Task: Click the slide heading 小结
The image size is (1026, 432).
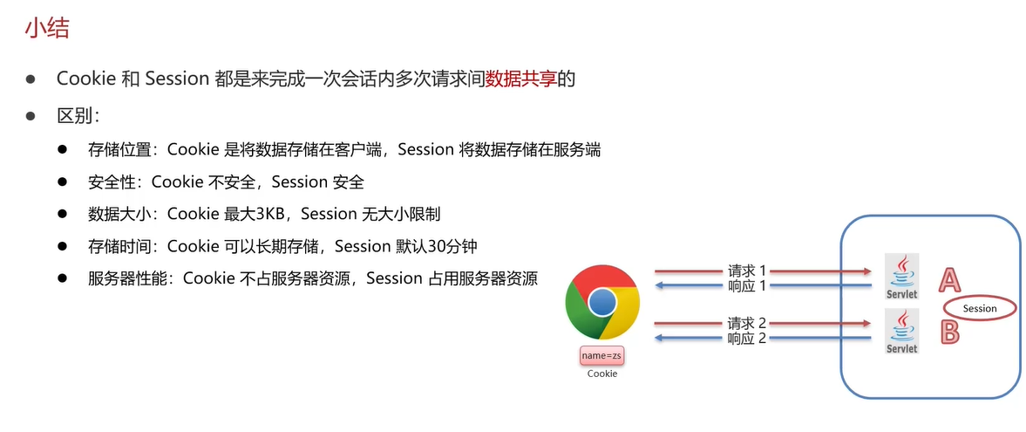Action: (47, 28)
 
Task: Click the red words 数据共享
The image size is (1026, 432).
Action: (520, 79)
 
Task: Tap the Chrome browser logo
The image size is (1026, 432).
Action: (602, 303)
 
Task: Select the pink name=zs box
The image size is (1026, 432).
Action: (602, 356)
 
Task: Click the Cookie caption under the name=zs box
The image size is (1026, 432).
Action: (602, 374)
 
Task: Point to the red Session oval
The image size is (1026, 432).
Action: (980, 308)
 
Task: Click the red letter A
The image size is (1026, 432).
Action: (949, 279)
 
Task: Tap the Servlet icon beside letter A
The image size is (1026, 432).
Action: (901, 277)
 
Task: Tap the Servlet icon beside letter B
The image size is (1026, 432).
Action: (901, 332)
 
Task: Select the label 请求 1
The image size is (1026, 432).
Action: (746, 270)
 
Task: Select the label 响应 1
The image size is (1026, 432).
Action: (746, 285)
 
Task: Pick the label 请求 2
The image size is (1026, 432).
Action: (746, 323)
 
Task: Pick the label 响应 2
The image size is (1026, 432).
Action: (746, 339)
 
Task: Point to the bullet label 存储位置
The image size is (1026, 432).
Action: (119, 149)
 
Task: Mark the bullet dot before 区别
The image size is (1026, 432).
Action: (31, 116)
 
